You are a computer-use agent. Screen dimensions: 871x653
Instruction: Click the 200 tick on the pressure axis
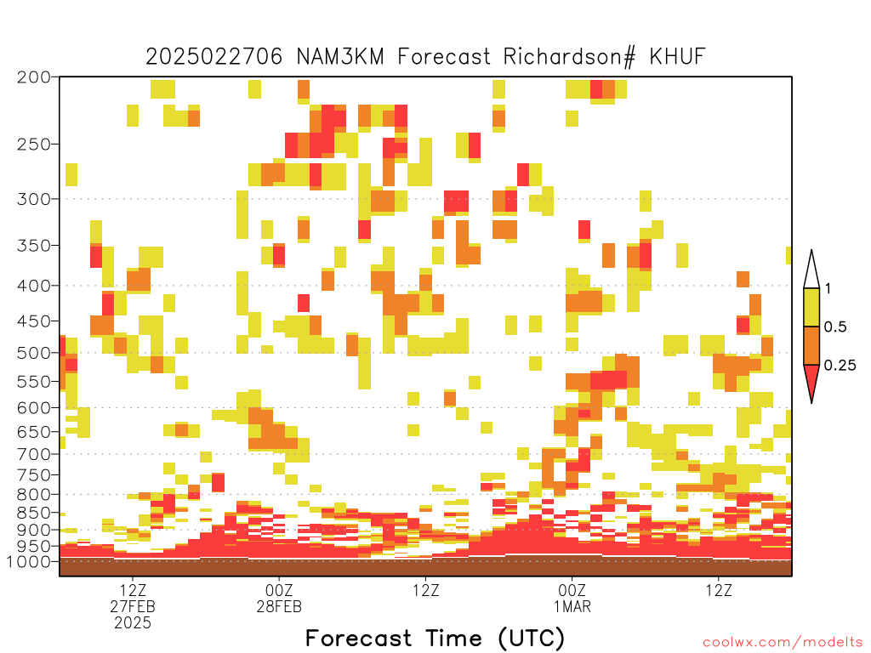pos(34,77)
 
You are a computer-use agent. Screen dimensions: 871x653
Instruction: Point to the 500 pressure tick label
pos(34,353)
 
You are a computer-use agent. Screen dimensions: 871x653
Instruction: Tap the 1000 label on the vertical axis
pos(28,562)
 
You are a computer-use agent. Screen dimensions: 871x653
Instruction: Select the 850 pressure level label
pos(34,513)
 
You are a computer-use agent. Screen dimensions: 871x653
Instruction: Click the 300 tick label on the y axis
pos(34,199)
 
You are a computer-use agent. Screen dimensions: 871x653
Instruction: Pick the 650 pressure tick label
pos(34,431)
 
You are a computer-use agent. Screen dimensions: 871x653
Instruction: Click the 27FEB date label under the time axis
pos(133,606)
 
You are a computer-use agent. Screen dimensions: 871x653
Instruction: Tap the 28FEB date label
pos(279,606)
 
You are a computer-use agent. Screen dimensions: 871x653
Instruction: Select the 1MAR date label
pos(572,606)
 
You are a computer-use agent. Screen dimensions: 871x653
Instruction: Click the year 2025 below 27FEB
pos(133,623)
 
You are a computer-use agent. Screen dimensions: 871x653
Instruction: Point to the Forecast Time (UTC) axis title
pos(435,639)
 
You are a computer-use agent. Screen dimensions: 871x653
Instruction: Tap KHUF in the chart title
pos(678,57)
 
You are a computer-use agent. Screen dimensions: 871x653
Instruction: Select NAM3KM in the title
pos(340,57)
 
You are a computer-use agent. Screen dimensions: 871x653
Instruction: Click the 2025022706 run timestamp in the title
pos(214,57)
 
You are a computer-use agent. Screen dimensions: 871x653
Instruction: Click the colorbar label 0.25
pos(840,366)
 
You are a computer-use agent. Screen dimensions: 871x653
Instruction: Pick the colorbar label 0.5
pos(835,327)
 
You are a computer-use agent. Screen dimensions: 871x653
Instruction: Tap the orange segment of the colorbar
pos(811,346)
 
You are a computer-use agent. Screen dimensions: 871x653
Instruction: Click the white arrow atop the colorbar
pos(811,270)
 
